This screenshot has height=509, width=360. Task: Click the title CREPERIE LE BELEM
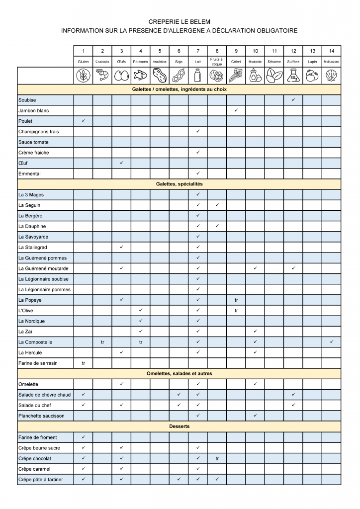pyautogui.click(x=180, y=22)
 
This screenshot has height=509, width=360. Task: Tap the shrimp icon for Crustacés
pyautogui.click(x=102, y=76)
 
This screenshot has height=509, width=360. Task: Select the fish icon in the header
pyautogui.click(x=141, y=76)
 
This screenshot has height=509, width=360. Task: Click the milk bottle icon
pyautogui.click(x=198, y=76)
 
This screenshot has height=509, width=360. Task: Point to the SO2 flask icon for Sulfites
pyautogui.click(x=293, y=76)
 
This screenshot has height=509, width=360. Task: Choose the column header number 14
pyautogui.click(x=332, y=51)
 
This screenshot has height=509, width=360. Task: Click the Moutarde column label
pyautogui.click(x=255, y=62)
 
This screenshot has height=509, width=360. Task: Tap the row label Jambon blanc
pyautogui.click(x=34, y=110)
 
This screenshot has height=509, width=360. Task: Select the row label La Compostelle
pyautogui.click(x=35, y=342)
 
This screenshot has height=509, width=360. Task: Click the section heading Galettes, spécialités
pyautogui.click(x=180, y=184)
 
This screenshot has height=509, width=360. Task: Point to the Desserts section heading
pyautogui.click(x=180, y=426)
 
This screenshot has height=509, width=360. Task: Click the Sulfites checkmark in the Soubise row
pyautogui.click(x=293, y=100)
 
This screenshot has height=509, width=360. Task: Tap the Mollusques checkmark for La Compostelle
pyautogui.click(x=332, y=342)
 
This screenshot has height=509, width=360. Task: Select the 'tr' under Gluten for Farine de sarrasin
pyautogui.click(x=84, y=363)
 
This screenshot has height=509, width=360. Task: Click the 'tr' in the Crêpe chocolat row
pyautogui.click(x=217, y=458)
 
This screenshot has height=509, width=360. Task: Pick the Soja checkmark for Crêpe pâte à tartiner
pyautogui.click(x=179, y=479)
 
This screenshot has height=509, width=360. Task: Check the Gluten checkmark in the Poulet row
pyautogui.click(x=84, y=121)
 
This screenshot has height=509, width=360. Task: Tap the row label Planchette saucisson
pyautogui.click(x=41, y=416)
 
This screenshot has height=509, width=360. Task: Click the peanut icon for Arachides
pyautogui.click(x=160, y=76)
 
